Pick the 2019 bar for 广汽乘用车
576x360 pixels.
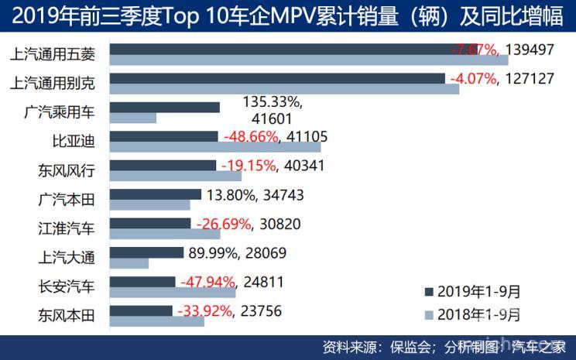(165, 107)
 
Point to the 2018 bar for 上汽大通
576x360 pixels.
(129, 263)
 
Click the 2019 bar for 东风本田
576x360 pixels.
(141, 310)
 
